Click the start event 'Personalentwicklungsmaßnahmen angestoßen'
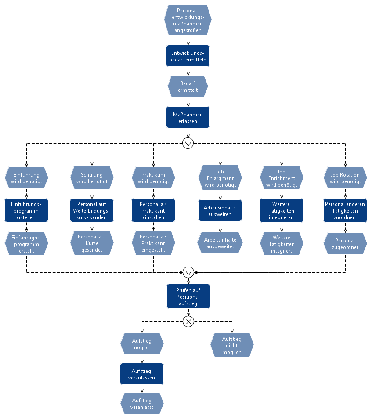point(188,20)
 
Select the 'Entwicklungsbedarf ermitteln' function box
point(188,56)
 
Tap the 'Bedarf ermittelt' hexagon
point(188,87)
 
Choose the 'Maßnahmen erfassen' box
point(188,117)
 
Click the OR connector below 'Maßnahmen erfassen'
point(188,143)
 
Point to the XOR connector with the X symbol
point(188,321)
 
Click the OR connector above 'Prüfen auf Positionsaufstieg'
point(188,272)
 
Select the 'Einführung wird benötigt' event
point(26,178)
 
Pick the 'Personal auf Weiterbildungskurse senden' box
point(92,210)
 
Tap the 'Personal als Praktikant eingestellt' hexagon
point(153,243)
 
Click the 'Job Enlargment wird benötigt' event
point(220,178)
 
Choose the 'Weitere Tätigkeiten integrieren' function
point(282,210)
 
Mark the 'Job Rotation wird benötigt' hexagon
point(345,178)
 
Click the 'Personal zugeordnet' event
point(345,243)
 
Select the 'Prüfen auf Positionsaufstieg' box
point(188,296)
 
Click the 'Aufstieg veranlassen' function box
point(142,374)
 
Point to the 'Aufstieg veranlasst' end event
point(142,404)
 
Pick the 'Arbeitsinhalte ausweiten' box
point(220,210)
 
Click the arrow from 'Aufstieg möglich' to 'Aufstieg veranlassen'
point(142,359)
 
